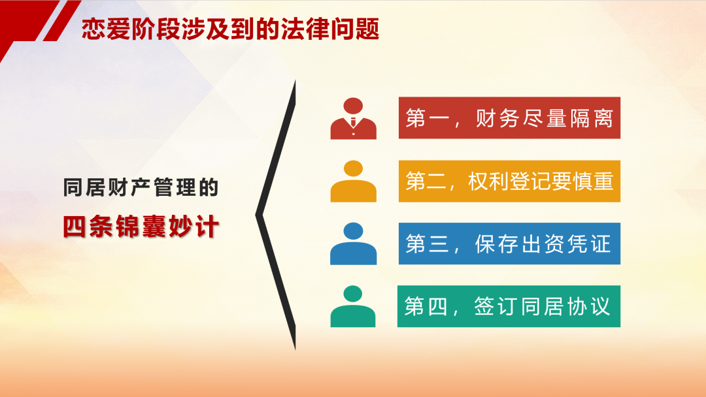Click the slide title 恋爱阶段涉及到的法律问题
pos(231,29)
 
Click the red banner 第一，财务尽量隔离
pos(509,118)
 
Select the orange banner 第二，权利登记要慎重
pos(509,181)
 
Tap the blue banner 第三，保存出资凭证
pos(509,244)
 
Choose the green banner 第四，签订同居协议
pos(509,306)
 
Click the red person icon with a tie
pos(354,119)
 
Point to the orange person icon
pos(354,181)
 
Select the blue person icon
pos(354,244)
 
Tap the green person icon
pos(353,306)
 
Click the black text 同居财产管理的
pos(141,187)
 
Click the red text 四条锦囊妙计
pos(141,227)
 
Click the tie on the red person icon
pos(354,122)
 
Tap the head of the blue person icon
pos(354,231)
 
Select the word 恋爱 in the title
pos(106,29)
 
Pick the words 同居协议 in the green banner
pos(565,307)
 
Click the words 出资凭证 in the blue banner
pos(566,244)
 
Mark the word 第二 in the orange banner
pos(427,182)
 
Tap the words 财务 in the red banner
pos(497,118)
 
